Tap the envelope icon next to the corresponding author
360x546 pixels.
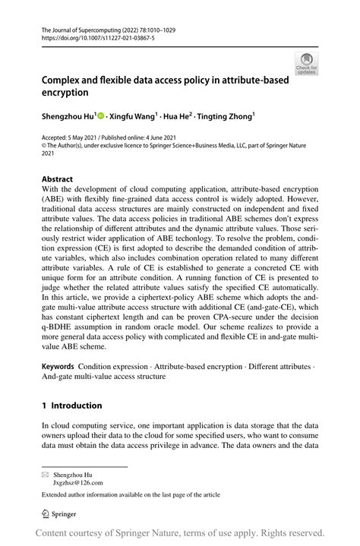click(x=46, y=473)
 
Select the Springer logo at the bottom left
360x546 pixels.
click(x=66, y=512)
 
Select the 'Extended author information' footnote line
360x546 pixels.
click(x=131, y=495)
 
